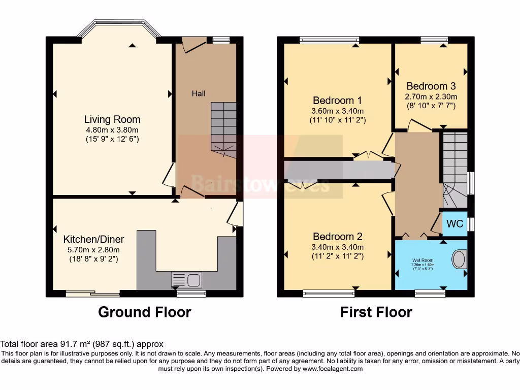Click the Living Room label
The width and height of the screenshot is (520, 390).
[112, 119]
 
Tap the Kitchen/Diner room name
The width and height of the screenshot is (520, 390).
[93, 239]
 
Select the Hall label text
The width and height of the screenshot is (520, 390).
[199, 93]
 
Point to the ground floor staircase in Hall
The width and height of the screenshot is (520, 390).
[223, 129]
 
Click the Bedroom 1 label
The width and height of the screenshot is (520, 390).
[338, 100]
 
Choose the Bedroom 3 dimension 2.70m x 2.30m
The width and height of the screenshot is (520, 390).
[431, 96]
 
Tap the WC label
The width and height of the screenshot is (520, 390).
[454, 224]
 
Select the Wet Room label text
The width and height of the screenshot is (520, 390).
[422, 260]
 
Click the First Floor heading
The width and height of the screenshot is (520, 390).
[376, 312]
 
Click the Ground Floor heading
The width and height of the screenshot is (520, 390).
[145, 312]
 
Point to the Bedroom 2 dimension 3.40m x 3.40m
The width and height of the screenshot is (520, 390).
[338, 247]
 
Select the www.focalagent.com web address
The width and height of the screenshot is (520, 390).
[332, 369]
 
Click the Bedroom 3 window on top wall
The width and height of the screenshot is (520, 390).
[434, 40]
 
